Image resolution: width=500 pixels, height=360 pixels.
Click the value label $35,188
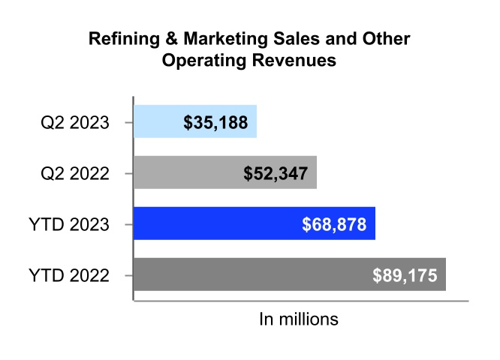tap(215, 121)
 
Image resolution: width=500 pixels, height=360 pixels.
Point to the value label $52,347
tap(275, 172)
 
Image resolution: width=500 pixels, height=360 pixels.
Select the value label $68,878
tap(334, 223)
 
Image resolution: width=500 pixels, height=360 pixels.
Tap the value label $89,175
tap(405, 274)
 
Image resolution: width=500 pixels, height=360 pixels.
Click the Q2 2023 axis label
tap(75, 122)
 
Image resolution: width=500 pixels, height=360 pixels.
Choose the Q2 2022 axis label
tap(75, 173)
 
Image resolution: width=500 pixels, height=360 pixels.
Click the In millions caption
tap(299, 319)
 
